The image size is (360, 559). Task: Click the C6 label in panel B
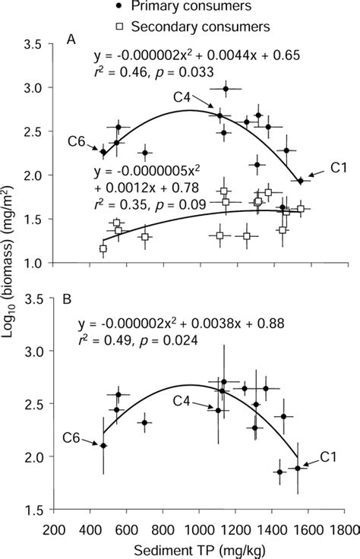[x=71, y=436]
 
